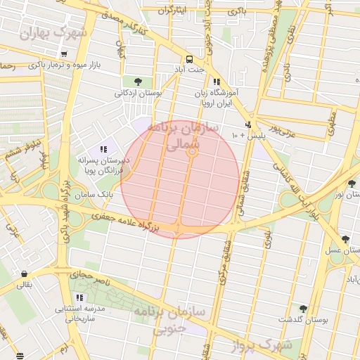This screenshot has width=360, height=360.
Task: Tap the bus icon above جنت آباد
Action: [x=189, y=59]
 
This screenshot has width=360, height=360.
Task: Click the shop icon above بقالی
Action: [x=25, y=274]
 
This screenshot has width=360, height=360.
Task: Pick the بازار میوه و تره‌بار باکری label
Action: [x=70, y=65]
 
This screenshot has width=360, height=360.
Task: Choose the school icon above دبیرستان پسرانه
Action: [x=103, y=149]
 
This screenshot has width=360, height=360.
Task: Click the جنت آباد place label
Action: [x=189, y=70]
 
